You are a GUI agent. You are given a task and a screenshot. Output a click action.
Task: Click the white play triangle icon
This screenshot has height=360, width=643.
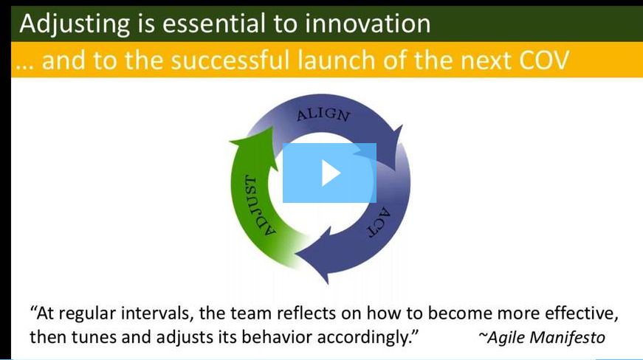click(x=330, y=173)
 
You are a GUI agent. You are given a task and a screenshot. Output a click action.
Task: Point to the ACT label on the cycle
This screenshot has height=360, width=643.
click(x=379, y=222)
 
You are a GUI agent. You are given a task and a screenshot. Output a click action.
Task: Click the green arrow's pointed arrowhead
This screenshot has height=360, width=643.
click(x=258, y=142)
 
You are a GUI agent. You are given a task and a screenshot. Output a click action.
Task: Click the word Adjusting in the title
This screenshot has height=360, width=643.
click(x=75, y=24)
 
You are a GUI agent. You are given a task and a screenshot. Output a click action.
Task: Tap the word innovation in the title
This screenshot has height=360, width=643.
click(x=368, y=24)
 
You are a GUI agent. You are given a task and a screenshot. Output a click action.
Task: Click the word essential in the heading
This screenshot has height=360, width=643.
click(x=213, y=24)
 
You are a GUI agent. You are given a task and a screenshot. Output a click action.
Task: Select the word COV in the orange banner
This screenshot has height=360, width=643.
click(x=544, y=60)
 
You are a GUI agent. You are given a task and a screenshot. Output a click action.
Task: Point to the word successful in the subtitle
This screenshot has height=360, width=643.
click(x=230, y=60)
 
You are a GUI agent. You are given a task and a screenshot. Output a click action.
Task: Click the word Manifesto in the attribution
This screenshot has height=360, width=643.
click(x=568, y=338)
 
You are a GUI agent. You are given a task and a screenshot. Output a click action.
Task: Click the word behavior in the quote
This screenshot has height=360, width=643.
click(x=277, y=337)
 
